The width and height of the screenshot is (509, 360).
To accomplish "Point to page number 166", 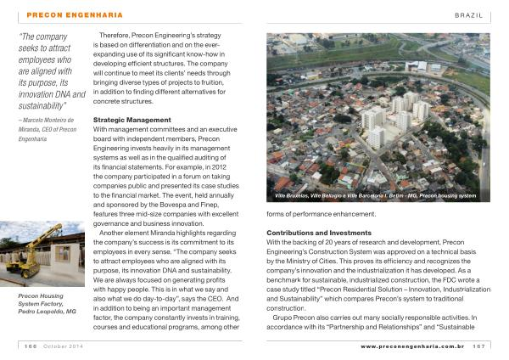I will pyautogui.click(x=29, y=346).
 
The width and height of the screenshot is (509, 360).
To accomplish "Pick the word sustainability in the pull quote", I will pyautogui.click(x=42, y=106).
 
